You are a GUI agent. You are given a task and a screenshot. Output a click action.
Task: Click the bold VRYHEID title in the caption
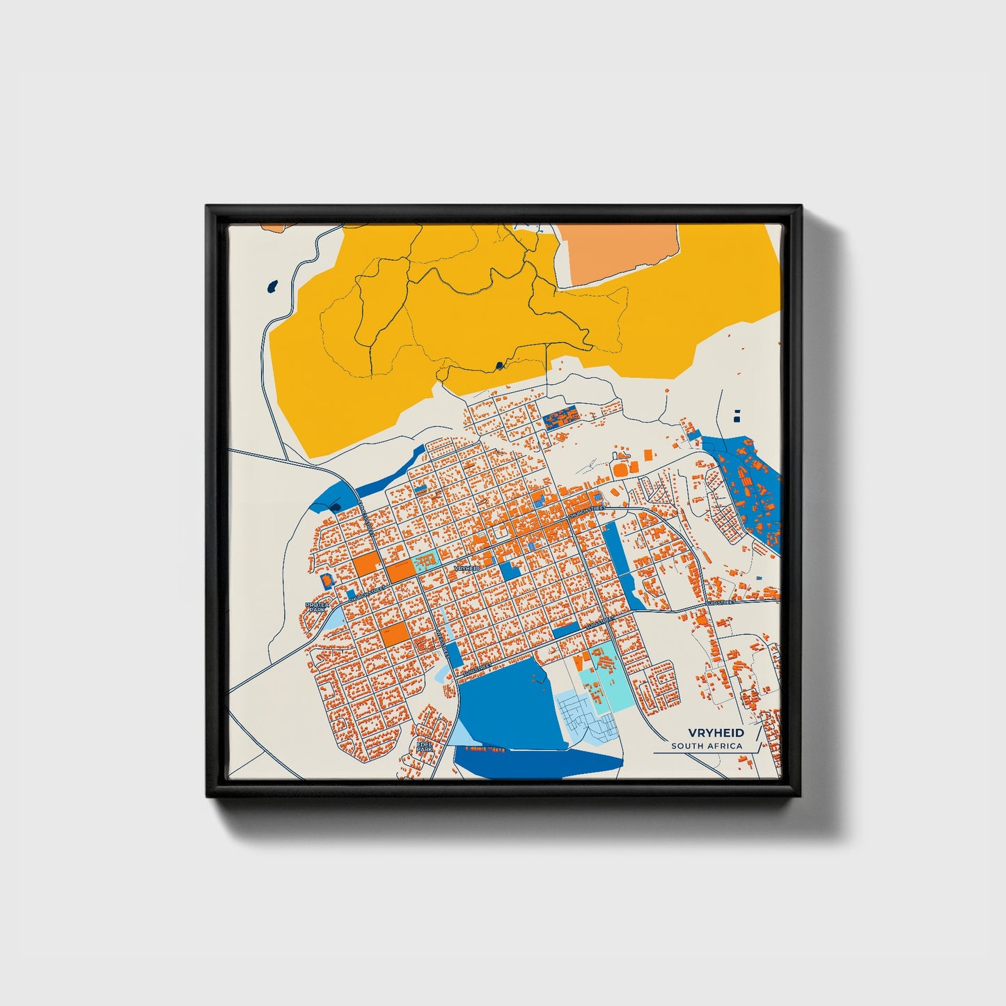716,733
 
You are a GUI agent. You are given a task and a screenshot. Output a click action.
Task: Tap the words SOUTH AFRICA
707,746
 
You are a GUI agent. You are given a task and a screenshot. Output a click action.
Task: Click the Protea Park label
317,607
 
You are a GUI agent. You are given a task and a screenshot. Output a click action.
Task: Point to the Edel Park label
424,746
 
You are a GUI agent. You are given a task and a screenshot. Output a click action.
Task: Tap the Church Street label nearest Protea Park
367,594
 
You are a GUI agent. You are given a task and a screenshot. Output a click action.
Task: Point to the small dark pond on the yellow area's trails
498,365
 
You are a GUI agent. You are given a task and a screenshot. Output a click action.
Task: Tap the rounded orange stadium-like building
620,471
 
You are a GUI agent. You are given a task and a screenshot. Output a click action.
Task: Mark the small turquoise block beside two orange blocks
425,562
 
